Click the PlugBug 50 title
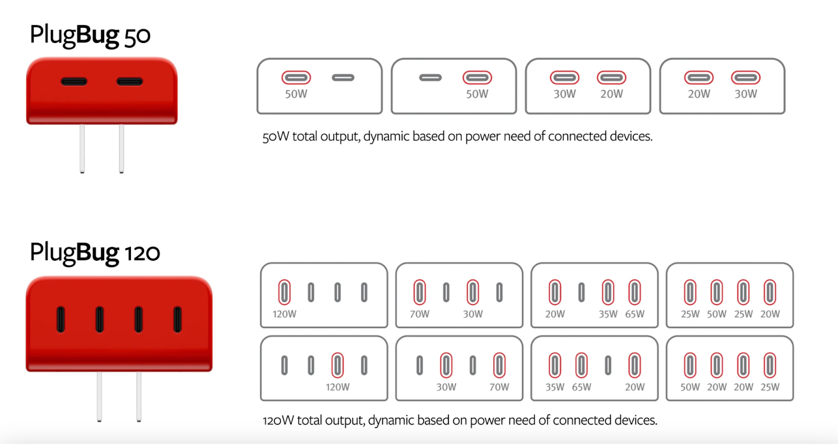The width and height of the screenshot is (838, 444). [90, 35]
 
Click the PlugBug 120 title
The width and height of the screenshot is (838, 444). [95, 253]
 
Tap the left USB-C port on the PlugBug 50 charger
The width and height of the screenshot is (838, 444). [74, 82]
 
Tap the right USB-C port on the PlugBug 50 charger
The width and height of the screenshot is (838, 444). [129, 82]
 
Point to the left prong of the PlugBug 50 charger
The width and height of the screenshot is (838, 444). [82, 149]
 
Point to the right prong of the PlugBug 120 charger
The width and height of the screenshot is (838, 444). [139, 396]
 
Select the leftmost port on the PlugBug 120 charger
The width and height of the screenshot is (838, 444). [61, 319]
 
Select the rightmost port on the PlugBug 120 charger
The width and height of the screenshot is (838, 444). [178, 319]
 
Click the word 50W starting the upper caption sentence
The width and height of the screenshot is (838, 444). [275, 136]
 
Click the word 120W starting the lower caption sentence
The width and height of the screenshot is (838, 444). [278, 420]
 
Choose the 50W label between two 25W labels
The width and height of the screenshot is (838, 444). [716, 314]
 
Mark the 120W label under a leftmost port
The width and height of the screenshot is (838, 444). [284, 314]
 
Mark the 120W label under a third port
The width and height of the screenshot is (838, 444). [337, 387]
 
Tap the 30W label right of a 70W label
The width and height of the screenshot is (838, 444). [473, 314]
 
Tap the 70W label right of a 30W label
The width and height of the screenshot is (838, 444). [499, 387]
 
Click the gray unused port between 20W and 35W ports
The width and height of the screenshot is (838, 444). [581, 292]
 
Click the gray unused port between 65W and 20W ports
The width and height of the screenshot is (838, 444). [608, 365]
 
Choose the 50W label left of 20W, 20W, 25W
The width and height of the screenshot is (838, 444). [690, 387]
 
